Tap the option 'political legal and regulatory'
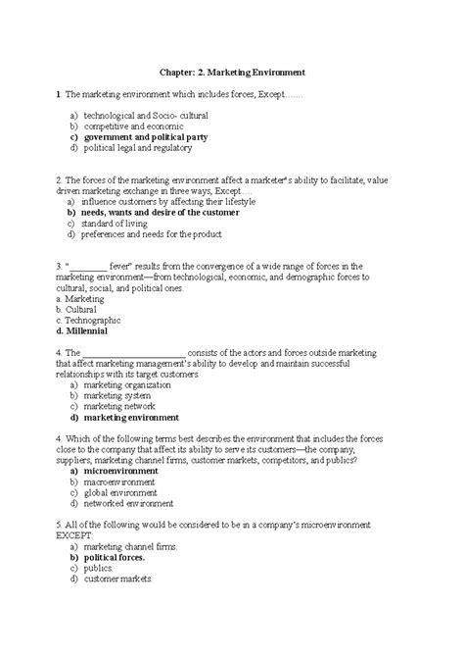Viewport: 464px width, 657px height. pyautogui.click(x=144, y=149)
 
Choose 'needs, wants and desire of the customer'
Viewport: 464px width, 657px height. pyautogui.click(x=159, y=211)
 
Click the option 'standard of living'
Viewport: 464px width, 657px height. pyautogui.click(x=116, y=223)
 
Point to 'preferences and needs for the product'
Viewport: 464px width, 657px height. pyautogui.click(x=151, y=234)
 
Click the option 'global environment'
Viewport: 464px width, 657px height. pyautogui.click(x=119, y=494)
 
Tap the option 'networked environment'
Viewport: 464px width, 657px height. pyautogui.click(x=126, y=506)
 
